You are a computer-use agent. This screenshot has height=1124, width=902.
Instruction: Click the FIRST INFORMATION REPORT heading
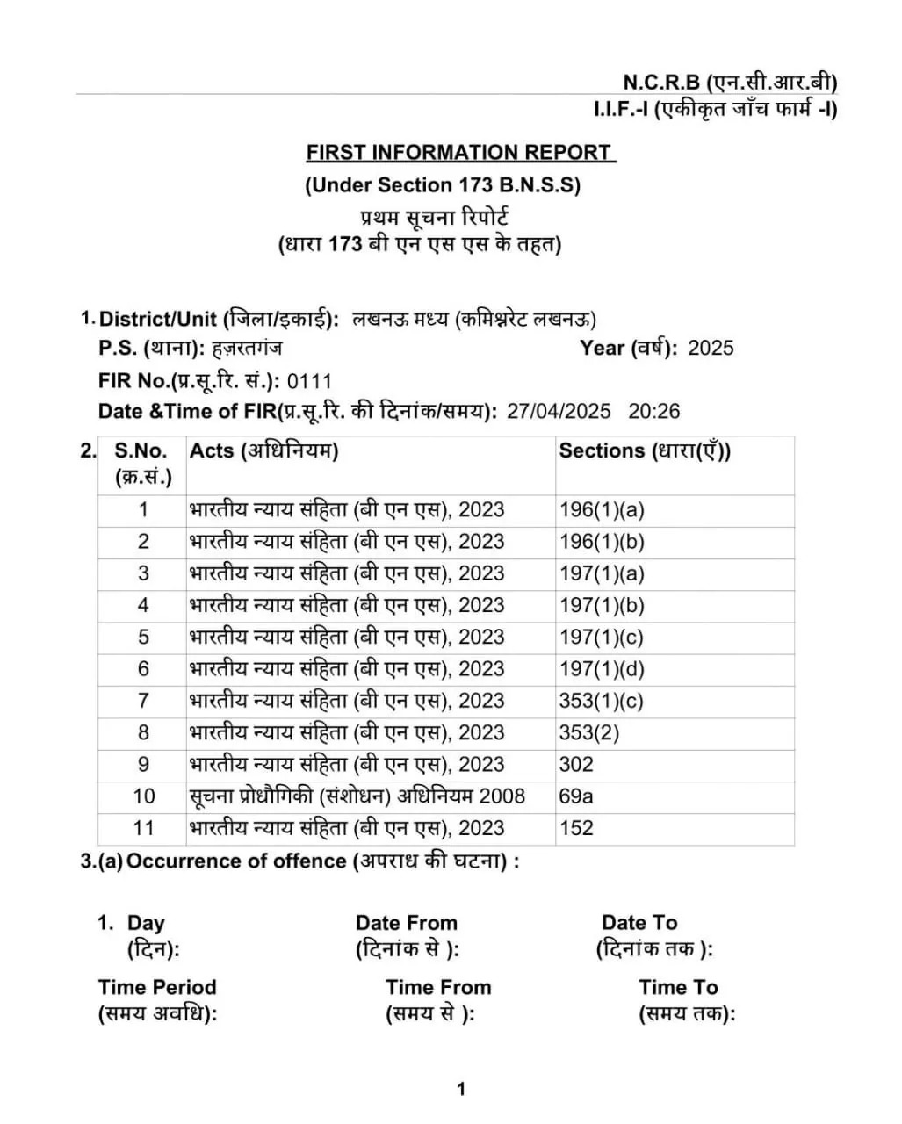click(460, 152)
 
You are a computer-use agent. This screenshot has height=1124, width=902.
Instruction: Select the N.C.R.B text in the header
click(661, 83)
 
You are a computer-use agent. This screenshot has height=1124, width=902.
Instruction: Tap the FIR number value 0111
click(310, 381)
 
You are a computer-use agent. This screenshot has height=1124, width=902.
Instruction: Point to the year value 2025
click(711, 348)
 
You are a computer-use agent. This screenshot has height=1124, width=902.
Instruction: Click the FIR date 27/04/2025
click(559, 411)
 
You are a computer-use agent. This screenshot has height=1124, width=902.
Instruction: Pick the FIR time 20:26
click(653, 411)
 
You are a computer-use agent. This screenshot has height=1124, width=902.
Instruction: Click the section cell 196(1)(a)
click(602, 509)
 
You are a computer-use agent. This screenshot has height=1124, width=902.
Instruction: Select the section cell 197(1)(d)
click(602, 669)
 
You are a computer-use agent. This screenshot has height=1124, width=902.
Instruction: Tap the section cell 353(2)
click(588, 732)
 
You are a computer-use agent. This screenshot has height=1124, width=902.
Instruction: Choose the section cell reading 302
click(576, 764)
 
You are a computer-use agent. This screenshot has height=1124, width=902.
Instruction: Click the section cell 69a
click(576, 796)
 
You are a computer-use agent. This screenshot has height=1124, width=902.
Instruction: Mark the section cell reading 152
click(576, 828)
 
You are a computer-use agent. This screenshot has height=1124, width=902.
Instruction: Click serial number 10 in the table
click(143, 796)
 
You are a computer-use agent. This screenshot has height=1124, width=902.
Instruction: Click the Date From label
click(407, 923)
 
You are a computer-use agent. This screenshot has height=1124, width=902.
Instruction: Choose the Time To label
click(678, 988)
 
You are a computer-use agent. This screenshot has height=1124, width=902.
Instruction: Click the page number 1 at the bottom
click(461, 1090)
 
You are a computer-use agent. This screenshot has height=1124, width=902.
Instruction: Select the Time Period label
click(157, 988)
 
